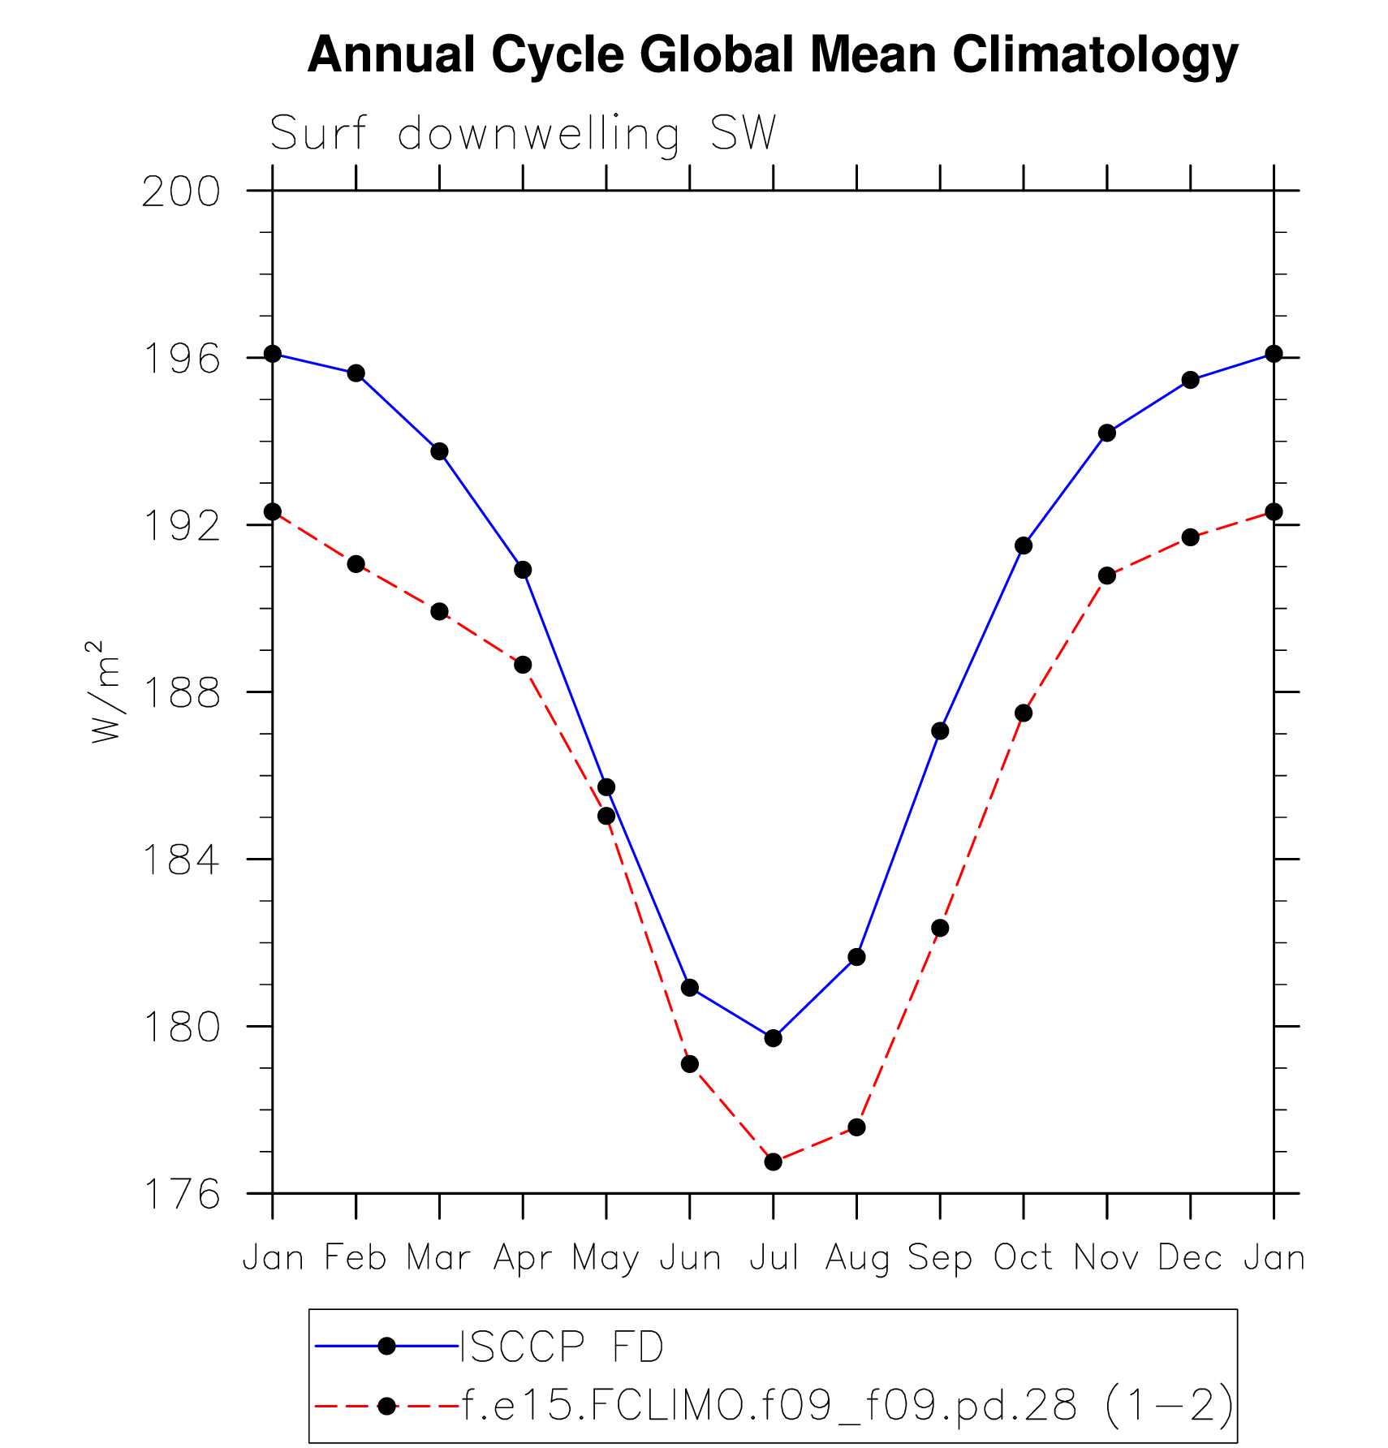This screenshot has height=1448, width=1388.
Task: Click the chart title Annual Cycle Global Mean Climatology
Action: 772,55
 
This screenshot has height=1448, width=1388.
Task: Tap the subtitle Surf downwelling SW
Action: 523,133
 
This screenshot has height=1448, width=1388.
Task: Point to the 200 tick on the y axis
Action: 181,192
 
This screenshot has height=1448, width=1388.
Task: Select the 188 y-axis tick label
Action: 181,693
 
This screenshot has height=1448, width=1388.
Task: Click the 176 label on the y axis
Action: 181,1195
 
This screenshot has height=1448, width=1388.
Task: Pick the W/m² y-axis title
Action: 106,692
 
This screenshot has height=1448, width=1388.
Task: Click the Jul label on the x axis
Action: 774,1258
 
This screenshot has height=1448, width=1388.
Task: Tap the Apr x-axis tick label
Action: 523,1258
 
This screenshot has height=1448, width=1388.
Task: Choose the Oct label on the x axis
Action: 1024,1258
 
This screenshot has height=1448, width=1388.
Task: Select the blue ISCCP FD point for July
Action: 774,1038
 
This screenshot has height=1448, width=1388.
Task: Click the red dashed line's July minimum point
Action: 774,1162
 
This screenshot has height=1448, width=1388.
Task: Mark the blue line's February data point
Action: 356,373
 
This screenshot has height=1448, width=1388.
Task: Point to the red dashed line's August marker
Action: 857,1127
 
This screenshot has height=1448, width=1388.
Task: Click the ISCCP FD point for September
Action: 940,731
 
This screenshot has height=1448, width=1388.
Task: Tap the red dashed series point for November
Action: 1107,575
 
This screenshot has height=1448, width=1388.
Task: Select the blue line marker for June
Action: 690,988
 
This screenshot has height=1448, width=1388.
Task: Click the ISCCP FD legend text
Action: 563,1347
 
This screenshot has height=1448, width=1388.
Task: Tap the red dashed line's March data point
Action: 440,611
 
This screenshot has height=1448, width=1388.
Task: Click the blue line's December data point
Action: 1191,380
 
